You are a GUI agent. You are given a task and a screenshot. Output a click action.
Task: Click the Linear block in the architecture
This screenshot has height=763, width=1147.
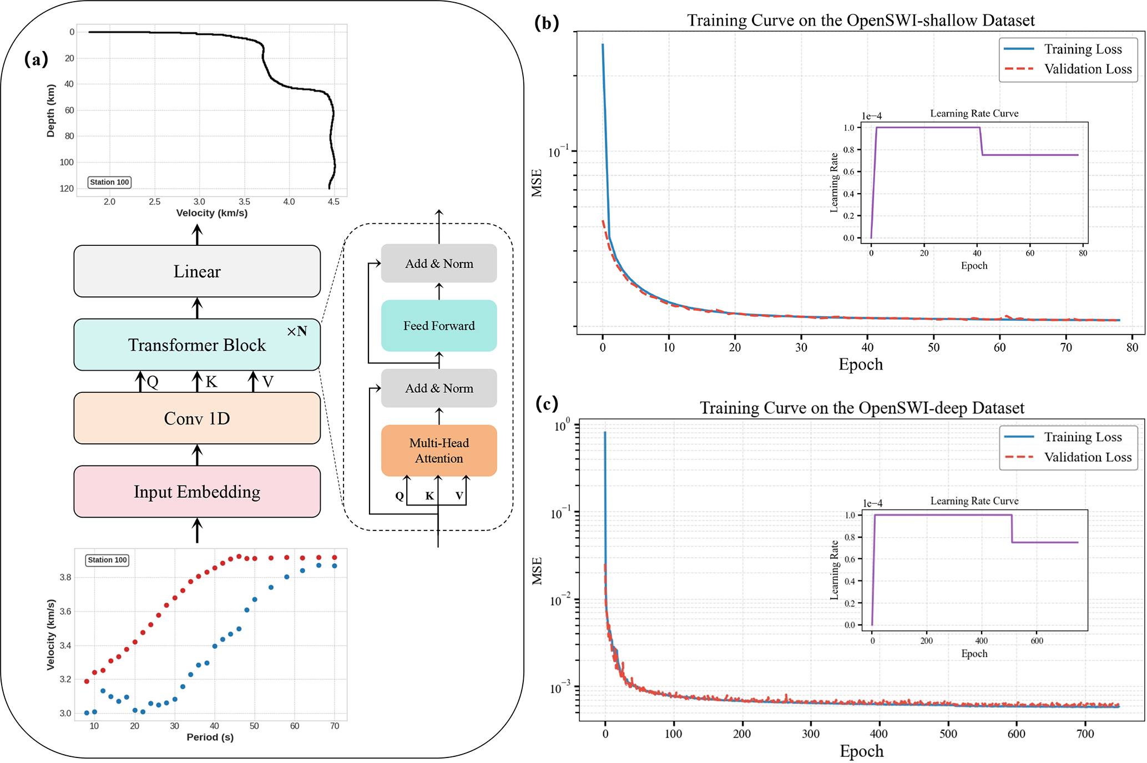tap(197, 271)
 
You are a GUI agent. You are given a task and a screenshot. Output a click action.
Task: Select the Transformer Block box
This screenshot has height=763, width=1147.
tap(197, 345)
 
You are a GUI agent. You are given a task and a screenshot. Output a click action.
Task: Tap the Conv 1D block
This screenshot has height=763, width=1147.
tap(197, 418)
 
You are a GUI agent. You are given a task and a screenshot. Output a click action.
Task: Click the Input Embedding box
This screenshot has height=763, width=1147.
tap(197, 492)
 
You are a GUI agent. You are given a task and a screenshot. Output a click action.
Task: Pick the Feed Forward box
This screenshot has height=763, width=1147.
tap(439, 326)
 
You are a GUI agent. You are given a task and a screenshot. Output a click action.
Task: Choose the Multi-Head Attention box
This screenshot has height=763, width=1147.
tap(439, 451)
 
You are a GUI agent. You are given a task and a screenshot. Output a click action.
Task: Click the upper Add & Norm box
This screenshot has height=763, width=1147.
tap(439, 264)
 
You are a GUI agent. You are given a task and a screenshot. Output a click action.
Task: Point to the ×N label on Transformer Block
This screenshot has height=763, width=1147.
tap(297, 331)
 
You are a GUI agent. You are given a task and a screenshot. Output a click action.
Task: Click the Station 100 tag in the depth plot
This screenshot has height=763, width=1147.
tap(109, 182)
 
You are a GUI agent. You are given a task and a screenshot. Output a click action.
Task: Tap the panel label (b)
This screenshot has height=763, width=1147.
tap(546, 23)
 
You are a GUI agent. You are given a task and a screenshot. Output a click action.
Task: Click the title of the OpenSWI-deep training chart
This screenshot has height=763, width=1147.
tap(862, 408)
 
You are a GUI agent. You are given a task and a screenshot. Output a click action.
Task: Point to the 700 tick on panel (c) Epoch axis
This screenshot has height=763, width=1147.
tap(1085, 734)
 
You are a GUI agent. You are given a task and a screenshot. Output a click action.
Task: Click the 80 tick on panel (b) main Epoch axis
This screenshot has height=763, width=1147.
tap(1132, 347)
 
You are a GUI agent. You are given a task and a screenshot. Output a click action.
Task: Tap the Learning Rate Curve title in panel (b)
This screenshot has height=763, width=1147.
tap(974, 114)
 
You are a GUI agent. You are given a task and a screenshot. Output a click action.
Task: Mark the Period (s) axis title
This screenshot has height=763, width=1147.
tap(210, 737)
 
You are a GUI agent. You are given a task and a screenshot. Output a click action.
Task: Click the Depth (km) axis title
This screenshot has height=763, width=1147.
tap(51, 110)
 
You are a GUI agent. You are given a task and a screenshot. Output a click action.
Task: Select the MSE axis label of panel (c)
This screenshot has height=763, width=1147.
tap(537, 571)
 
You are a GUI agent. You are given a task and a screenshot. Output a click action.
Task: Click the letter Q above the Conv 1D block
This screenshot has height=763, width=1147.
tap(153, 382)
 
